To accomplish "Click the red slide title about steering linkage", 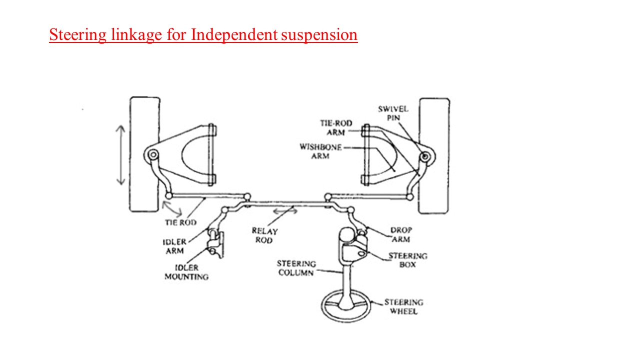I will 203,35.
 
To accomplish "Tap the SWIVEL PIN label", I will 393,113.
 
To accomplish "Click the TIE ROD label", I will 180,222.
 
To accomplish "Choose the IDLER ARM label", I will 174,246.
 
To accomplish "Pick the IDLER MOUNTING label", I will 186,272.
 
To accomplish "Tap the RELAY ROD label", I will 264,235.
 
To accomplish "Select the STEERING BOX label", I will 407,260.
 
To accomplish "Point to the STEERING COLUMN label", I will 296,268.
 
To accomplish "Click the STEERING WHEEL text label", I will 403,306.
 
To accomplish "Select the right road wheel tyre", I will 434,155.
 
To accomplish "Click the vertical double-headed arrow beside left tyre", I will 120,155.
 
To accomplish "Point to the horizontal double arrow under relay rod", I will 284,211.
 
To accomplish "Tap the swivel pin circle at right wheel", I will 424,157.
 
